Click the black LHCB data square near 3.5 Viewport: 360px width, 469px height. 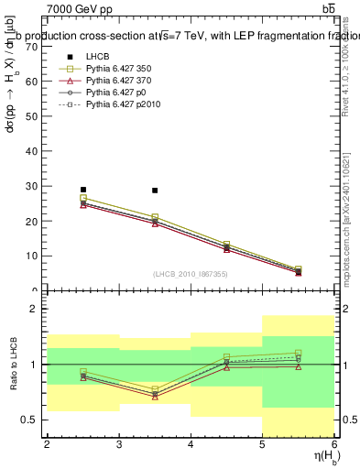click(155, 191)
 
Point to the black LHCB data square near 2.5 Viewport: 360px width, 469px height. click(83, 190)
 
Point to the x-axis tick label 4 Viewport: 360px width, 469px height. click(191, 444)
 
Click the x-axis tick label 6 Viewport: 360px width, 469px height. click(334, 444)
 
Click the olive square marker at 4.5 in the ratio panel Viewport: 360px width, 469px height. click(227, 357)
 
